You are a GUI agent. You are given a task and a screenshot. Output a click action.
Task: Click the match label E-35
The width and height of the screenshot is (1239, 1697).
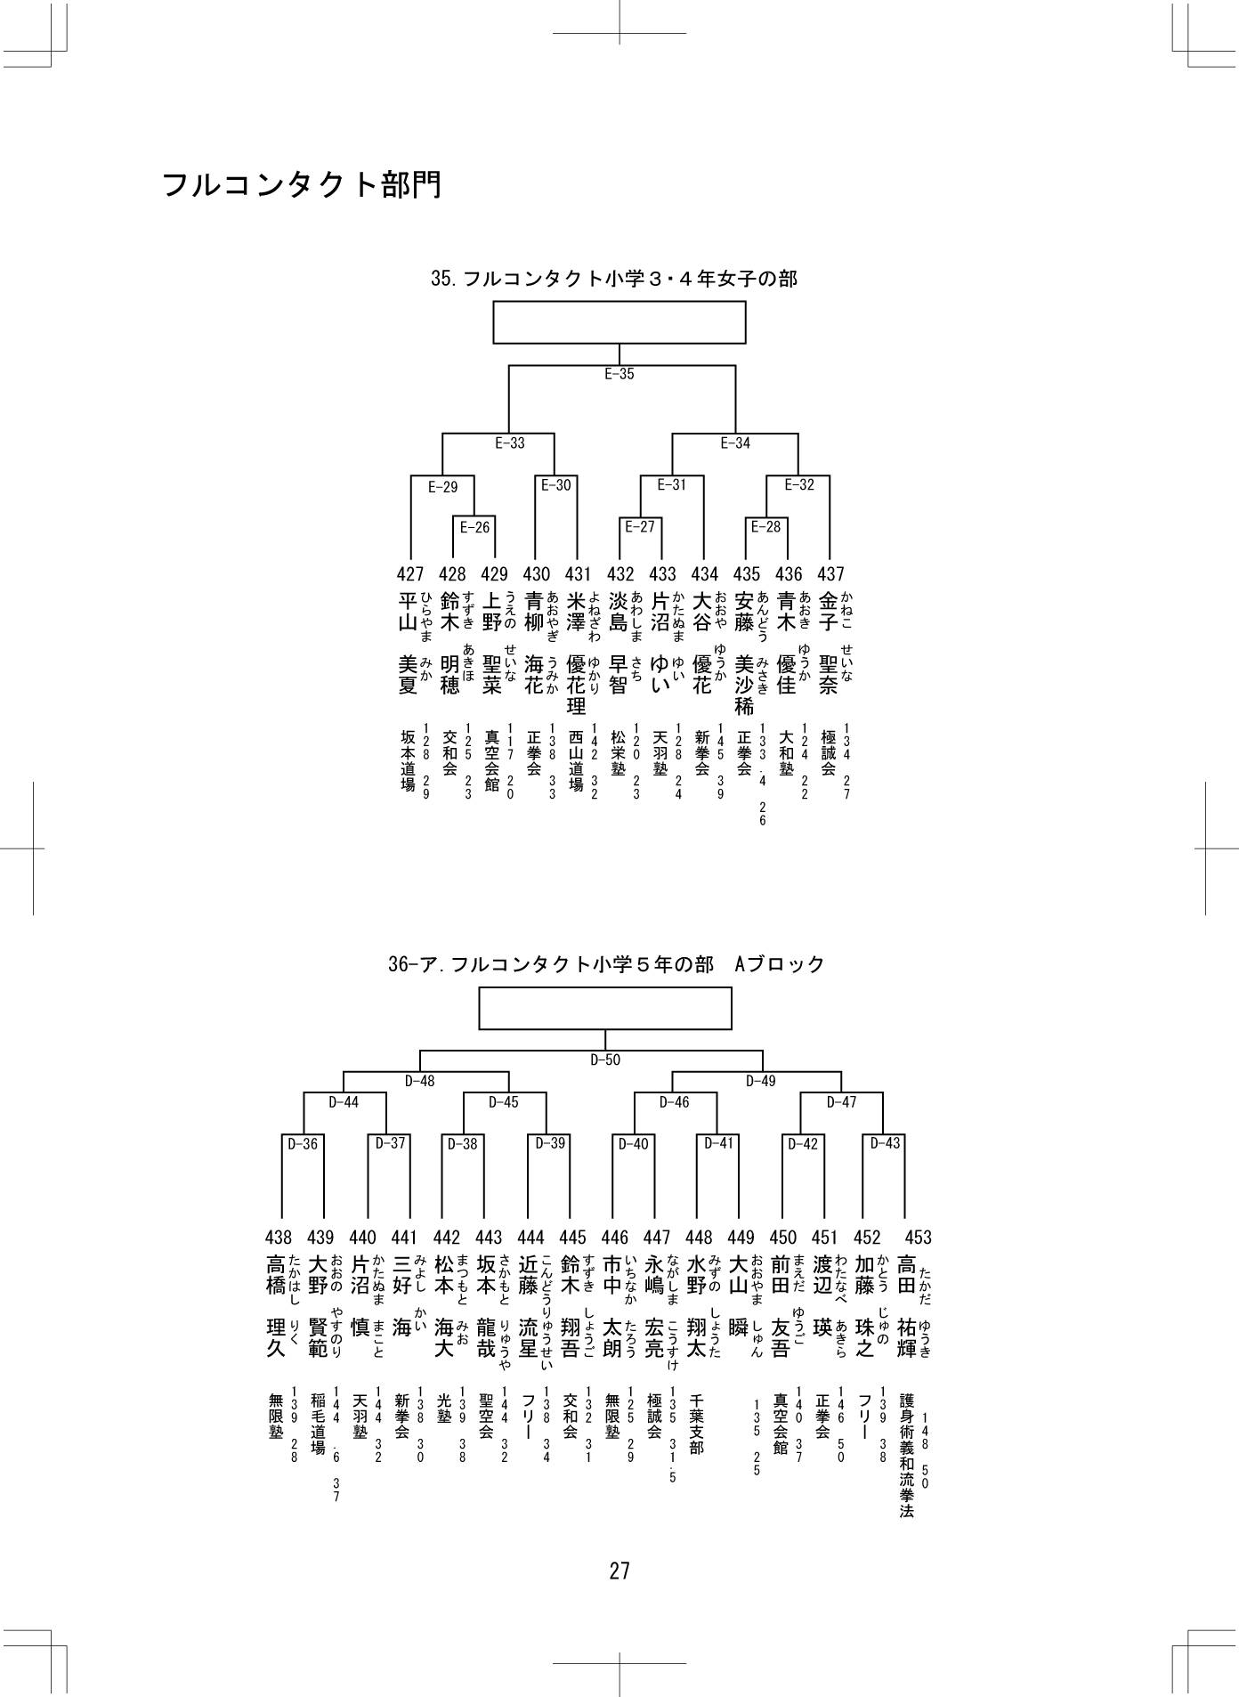click(x=619, y=374)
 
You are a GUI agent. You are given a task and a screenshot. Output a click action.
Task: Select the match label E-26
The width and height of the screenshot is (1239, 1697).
click(x=474, y=527)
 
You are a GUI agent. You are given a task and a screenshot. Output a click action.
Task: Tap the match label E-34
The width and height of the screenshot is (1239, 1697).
click(x=735, y=443)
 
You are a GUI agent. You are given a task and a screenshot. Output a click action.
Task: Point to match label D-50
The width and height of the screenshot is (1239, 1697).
click(x=605, y=1060)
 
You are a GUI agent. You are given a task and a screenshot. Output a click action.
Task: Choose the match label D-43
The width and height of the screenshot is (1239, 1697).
click(x=886, y=1143)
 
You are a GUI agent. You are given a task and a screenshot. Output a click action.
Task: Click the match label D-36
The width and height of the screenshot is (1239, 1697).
click(x=303, y=1144)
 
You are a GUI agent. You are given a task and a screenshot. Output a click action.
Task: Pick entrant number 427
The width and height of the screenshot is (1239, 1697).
click(x=410, y=574)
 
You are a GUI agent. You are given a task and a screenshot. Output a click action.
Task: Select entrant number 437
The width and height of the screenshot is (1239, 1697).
click(x=830, y=574)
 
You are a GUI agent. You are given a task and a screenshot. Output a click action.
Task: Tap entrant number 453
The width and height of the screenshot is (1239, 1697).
click(x=918, y=1237)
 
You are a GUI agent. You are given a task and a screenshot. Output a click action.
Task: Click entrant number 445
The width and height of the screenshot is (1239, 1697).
click(x=573, y=1237)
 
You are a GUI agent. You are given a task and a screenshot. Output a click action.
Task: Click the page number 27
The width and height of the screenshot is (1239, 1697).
click(x=619, y=1571)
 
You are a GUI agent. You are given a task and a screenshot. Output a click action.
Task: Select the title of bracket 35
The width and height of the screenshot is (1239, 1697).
click(x=614, y=279)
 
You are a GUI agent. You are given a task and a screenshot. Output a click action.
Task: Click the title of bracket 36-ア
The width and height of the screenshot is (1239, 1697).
click(x=607, y=963)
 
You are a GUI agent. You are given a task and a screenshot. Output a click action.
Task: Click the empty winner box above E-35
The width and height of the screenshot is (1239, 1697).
click(x=619, y=322)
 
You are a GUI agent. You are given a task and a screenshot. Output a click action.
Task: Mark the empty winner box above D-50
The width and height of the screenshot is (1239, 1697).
click(x=605, y=1009)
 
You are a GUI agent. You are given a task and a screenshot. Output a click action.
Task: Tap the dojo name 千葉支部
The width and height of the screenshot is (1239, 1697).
click(x=696, y=1425)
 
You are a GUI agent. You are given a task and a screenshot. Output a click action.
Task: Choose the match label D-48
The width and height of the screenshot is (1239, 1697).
click(x=419, y=1081)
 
